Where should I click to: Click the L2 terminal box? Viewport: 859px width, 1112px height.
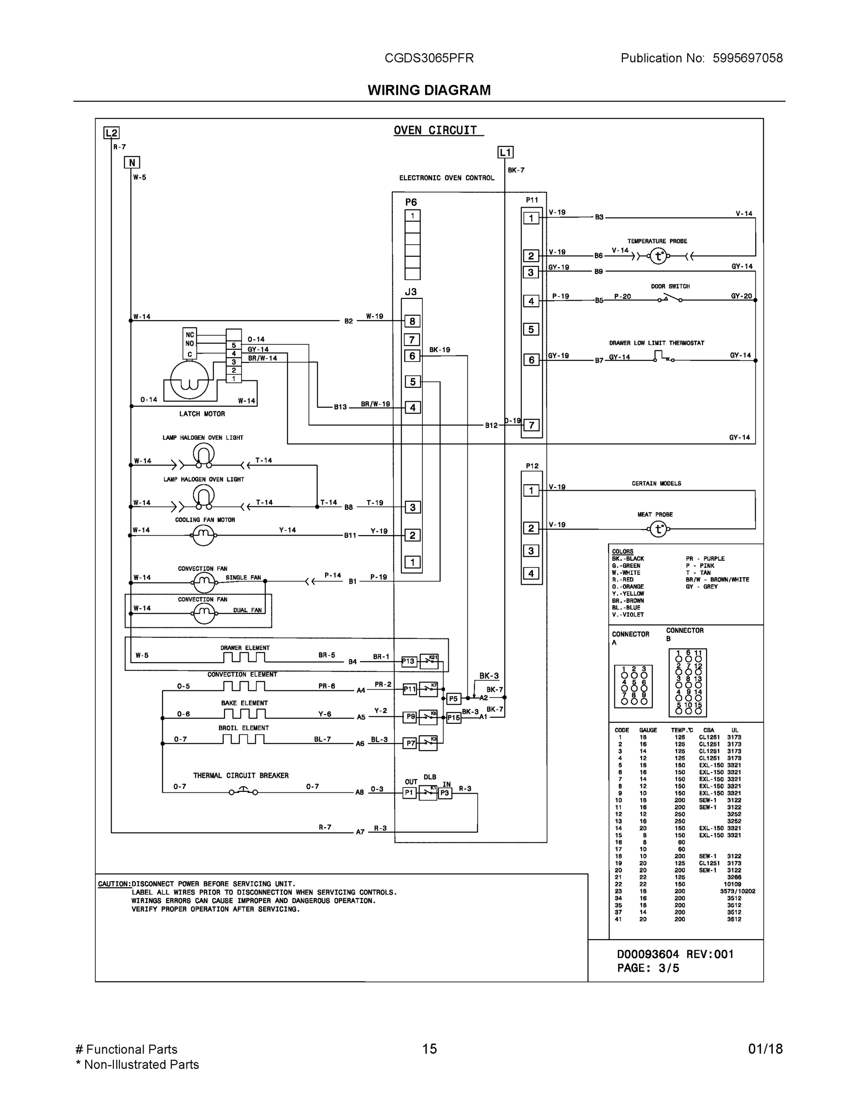(112, 133)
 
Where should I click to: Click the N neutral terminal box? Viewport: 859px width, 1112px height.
(132, 163)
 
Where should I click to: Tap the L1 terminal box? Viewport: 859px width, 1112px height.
(505, 152)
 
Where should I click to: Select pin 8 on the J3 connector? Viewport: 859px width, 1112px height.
(412, 321)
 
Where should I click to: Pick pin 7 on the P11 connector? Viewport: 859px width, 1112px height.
(531, 425)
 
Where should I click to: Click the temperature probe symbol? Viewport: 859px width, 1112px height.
(658, 256)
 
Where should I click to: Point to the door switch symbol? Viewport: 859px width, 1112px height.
(670, 298)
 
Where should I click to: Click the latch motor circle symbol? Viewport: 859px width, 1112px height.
(189, 379)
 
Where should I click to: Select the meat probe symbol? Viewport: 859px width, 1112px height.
(658, 529)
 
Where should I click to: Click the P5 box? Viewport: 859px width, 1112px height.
(453, 699)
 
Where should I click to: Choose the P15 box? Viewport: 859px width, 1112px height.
(453, 718)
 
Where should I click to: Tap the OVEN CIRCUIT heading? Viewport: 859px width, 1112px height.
(436, 130)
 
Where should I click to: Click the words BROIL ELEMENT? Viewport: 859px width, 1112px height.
(243, 728)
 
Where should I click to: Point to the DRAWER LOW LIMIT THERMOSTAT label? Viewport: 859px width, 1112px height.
(657, 343)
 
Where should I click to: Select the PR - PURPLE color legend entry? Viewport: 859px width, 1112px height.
(705, 558)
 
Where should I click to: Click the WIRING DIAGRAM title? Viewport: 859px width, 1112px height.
(429, 90)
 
